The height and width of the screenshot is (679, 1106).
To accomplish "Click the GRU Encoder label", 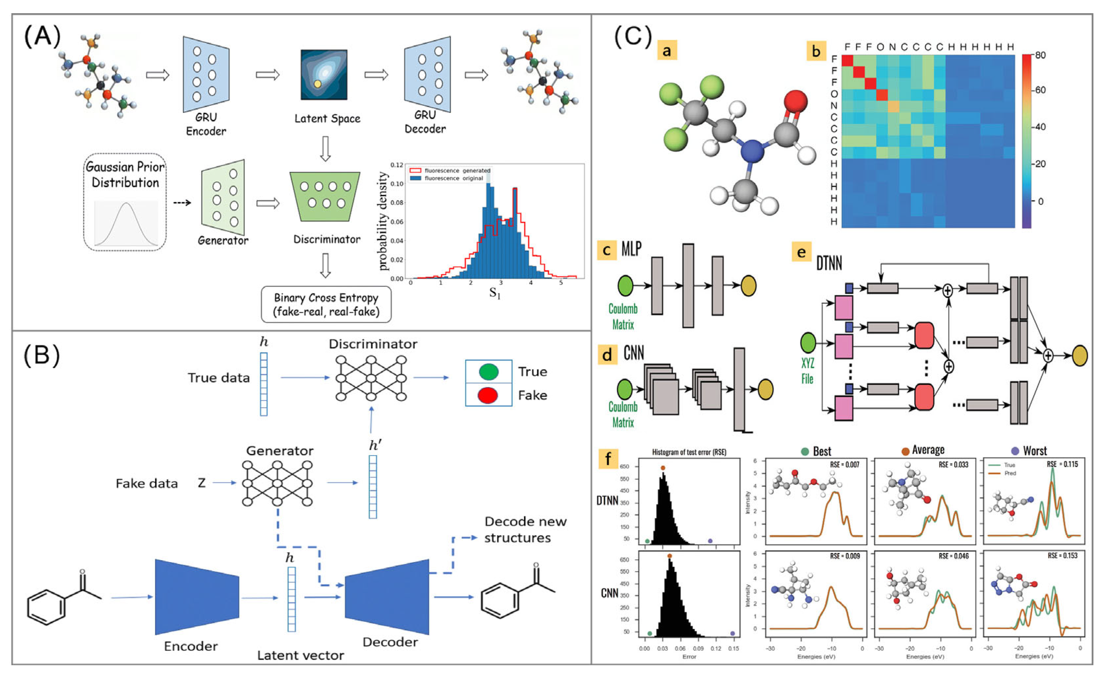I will pos(206,124).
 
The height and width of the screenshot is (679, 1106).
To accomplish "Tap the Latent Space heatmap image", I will pos(324,74).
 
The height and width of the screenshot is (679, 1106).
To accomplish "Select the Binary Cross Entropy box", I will pos(326,304).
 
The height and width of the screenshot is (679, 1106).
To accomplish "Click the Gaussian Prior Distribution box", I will pos(125,202).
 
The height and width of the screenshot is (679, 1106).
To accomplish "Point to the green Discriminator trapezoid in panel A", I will pos(325,196).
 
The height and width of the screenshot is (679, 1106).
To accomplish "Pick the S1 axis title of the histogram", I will pos(494,293).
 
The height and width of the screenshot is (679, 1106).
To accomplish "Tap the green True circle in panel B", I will pos(488,372).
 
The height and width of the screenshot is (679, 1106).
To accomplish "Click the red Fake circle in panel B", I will pos(488,395).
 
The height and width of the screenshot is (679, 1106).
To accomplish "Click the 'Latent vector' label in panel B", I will pos(301,655).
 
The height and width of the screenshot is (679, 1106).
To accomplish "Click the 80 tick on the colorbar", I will pos(1040,55).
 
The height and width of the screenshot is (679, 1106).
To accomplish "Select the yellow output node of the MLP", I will pos(748,286).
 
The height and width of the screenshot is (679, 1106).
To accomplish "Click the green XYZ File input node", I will pos(808,343).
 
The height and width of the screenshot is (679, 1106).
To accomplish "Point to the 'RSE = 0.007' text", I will pos(844,465).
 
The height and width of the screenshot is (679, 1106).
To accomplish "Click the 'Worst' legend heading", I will pos(1034,451).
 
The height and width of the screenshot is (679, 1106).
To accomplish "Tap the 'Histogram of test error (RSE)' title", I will pos(689,452).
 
